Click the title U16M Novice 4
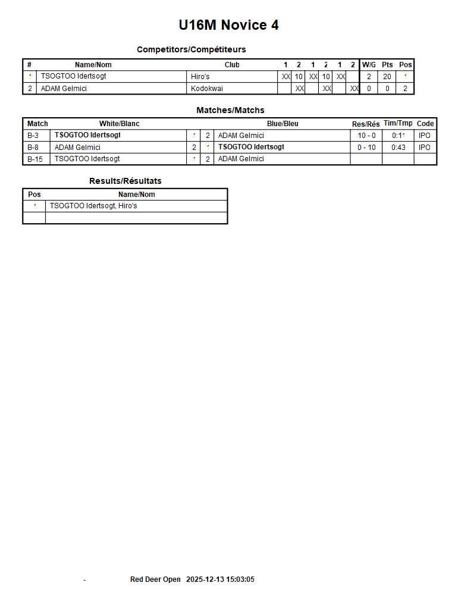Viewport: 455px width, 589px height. pyautogui.click(x=228, y=25)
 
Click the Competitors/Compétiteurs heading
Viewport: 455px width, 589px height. pyautogui.click(x=191, y=49)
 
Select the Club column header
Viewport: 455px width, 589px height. pyautogui.click(x=232, y=65)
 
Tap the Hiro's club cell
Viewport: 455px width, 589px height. pyautogui.click(x=200, y=76)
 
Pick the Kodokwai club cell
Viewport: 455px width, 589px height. pyautogui.click(x=207, y=89)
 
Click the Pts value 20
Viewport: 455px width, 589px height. pyautogui.click(x=387, y=76)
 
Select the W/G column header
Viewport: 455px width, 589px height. pyautogui.click(x=369, y=65)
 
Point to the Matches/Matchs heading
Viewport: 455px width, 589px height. pyautogui.click(x=230, y=110)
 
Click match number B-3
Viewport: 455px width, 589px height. pyautogui.click(x=33, y=136)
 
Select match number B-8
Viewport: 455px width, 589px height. pyautogui.click(x=33, y=148)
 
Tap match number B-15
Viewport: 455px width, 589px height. pyautogui.click(x=35, y=159)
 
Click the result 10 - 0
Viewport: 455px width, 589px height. pyautogui.click(x=366, y=136)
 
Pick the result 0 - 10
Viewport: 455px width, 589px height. pyautogui.click(x=366, y=148)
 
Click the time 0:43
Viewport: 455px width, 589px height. pyautogui.click(x=398, y=148)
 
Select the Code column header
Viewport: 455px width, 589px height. pyautogui.click(x=425, y=124)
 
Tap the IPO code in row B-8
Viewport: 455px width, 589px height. pyautogui.click(x=425, y=148)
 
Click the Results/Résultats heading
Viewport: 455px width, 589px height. pyautogui.click(x=125, y=181)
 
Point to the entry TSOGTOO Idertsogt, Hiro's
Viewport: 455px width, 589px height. pyautogui.click(x=93, y=206)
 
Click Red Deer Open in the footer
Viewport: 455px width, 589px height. pyautogui.click(x=155, y=579)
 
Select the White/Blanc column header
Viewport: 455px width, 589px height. pyautogui.click(x=119, y=124)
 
